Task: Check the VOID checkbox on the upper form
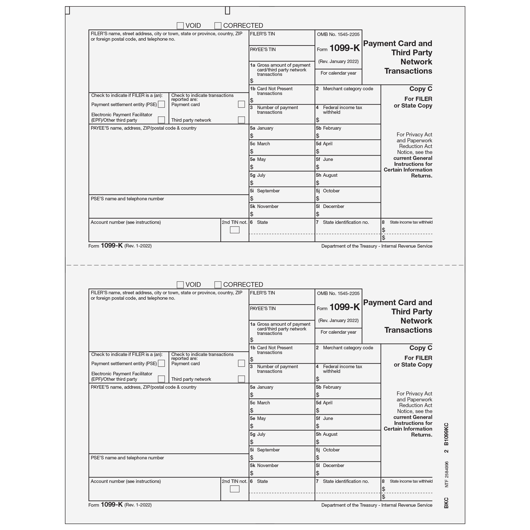tap(180, 26)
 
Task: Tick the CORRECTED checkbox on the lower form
tap(218, 285)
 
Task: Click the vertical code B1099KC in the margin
tap(446, 434)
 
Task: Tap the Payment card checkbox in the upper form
tap(241, 104)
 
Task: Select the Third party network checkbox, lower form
tap(241, 379)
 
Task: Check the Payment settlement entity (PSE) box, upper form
tap(162, 104)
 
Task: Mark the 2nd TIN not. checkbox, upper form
tap(235, 230)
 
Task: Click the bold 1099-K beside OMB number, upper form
tap(345, 48)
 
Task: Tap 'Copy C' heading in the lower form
tap(420, 348)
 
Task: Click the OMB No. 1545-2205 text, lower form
tap(338, 294)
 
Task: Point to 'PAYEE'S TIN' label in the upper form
tap(263, 50)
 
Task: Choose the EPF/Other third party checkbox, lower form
tap(162, 379)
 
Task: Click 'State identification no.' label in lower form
tap(346, 481)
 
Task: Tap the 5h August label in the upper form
tap(327, 175)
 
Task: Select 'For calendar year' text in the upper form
tap(338, 73)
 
